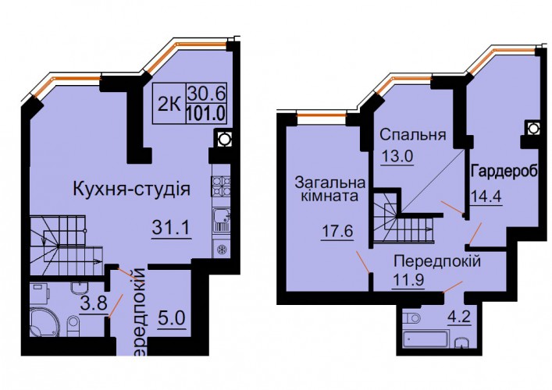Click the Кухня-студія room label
pos(131,189)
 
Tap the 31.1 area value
pos(171,227)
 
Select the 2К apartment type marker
pos(169,104)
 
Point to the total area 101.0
pos(206,113)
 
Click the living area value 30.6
pos(206,94)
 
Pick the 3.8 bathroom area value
pos(93,303)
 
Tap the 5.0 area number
pos(172,319)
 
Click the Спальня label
pos(413,135)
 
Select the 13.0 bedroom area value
pos(397,155)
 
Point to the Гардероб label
pos(504,172)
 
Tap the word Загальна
pos(329,183)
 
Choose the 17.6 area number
pos(337,232)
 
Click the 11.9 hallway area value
pos(408,280)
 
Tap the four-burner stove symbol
pos(221,186)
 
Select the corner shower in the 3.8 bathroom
pos(43,322)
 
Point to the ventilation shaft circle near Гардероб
pos(533,129)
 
